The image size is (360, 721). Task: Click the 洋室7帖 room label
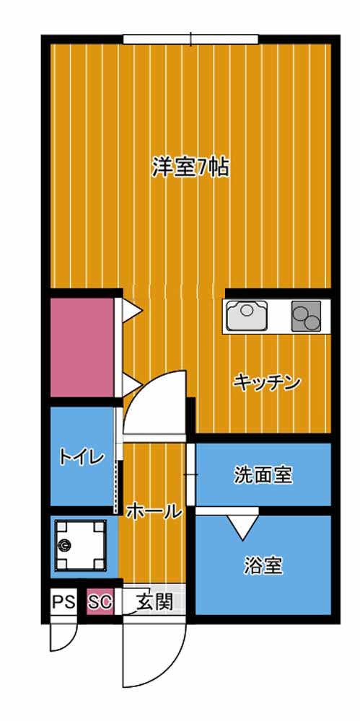tap(190, 167)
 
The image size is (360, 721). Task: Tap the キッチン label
tap(266, 382)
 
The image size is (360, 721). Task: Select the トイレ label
tap(82, 456)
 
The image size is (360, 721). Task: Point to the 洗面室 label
tap(263, 475)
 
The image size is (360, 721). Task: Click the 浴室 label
tap(263, 566)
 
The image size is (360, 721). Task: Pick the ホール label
tap(153, 512)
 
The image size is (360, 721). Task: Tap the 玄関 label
tap(154, 602)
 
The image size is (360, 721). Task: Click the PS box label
tap(63, 602)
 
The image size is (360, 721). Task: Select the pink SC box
tap(100, 602)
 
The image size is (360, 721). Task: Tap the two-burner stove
tap(307, 315)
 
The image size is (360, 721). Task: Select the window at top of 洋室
tap(190, 39)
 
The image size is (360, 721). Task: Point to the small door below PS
tap(63, 634)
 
